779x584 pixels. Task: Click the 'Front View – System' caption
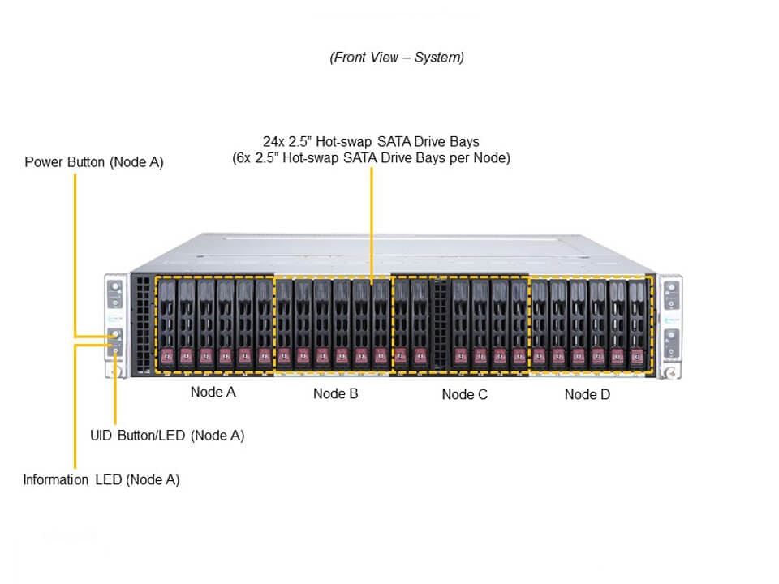point(397,58)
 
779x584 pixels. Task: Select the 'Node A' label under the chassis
point(213,393)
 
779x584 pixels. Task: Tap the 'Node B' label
point(336,394)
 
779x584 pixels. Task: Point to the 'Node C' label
point(465,395)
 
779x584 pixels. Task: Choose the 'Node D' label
point(587,395)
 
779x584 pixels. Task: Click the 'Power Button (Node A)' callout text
point(94,162)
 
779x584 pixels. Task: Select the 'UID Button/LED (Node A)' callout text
point(167,436)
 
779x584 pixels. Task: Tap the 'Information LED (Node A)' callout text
point(101,479)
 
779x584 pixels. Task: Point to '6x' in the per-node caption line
point(243,158)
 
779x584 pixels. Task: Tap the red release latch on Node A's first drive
point(167,354)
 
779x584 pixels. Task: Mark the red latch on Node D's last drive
point(639,355)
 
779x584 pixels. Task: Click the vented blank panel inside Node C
point(441,324)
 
